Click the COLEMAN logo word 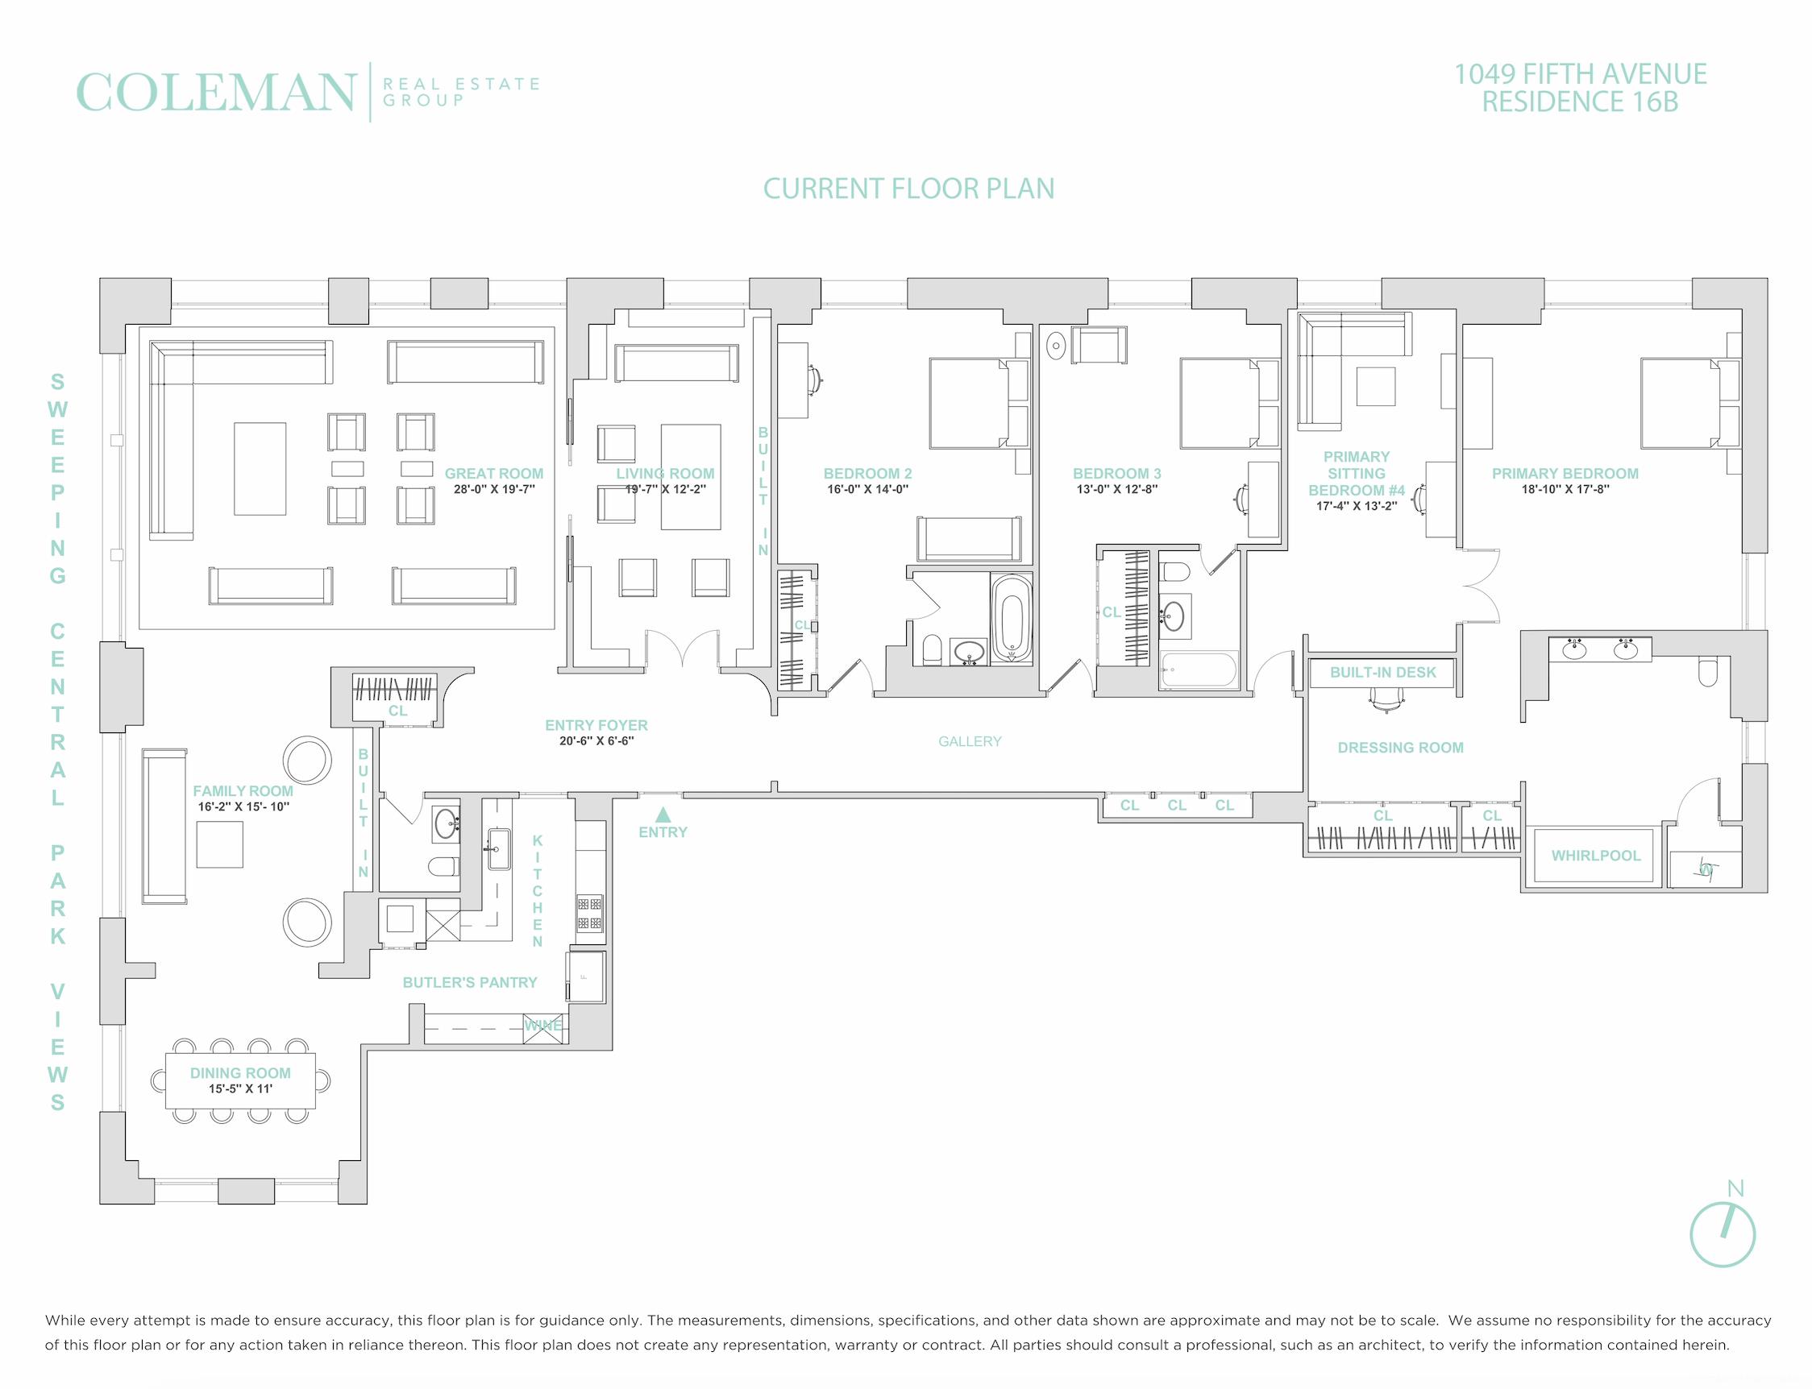pos(216,93)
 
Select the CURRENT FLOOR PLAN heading pos(908,189)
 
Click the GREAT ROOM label pos(494,474)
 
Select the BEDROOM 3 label pos(1116,474)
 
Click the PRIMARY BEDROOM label pos(1565,474)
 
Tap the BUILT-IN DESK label pos(1382,672)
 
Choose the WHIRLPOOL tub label pos(1595,856)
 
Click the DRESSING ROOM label pos(1400,748)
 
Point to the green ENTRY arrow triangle pos(663,815)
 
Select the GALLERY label pos(969,741)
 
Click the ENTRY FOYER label pos(596,725)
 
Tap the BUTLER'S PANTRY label pos(470,982)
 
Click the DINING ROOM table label pos(240,1073)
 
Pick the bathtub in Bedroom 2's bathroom pos(1012,618)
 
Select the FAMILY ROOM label pos(243,791)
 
